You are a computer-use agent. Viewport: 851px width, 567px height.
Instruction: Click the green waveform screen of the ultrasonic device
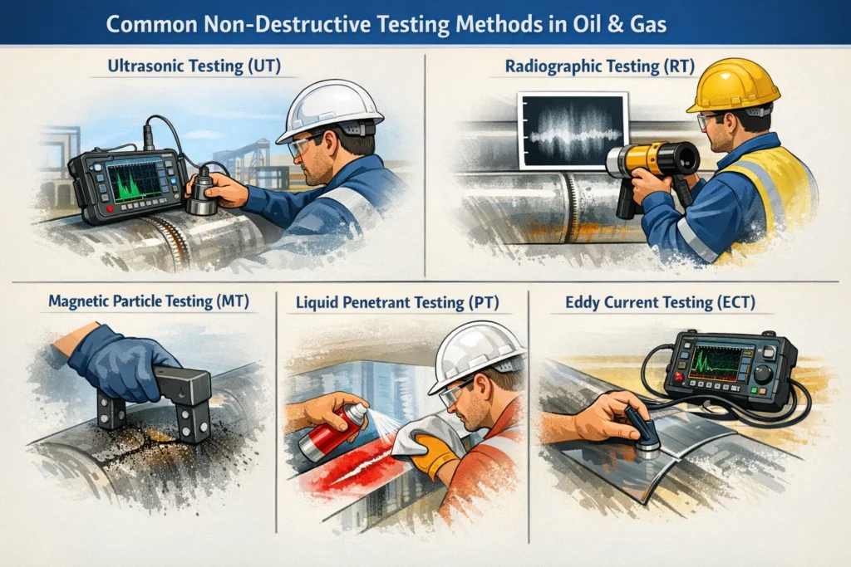pyautogui.click(x=134, y=180)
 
